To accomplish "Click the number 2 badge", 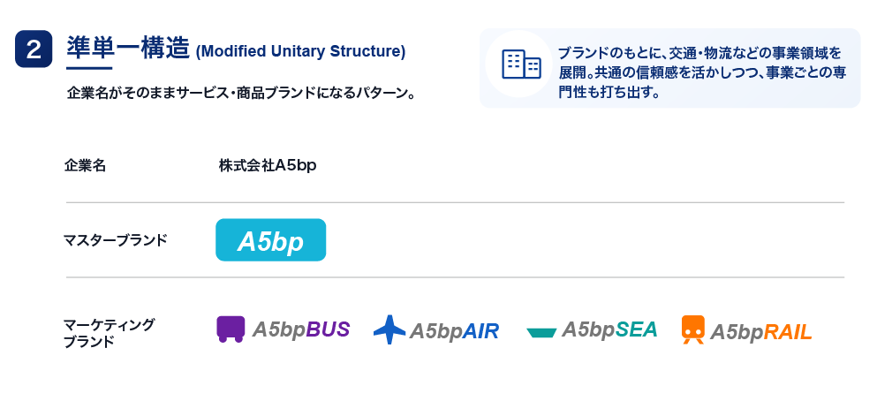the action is tap(34, 49).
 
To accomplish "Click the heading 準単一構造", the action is tap(128, 48).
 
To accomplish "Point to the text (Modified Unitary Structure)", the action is tap(300, 51).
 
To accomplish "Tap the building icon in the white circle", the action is tap(521, 64).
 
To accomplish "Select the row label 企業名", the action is tap(85, 165).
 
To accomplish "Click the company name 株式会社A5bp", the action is tap(268, 165).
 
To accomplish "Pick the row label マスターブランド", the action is tap(116, 240).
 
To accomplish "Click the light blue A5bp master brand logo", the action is tap(271, 240).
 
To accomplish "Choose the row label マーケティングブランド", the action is tap(109, 333).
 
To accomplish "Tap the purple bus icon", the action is tap(231, 329).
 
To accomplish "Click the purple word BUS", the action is tap(328, 329).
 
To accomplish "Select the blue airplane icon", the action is tap(389, 329).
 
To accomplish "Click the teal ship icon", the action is tap(541, 333).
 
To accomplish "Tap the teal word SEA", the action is tap(636, 329).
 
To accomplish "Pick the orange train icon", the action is tap(693, 329).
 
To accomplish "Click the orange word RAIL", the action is tap(788, 332).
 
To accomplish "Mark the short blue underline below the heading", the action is tap(89, 68).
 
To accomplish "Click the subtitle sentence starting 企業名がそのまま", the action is tap(241, 93).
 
